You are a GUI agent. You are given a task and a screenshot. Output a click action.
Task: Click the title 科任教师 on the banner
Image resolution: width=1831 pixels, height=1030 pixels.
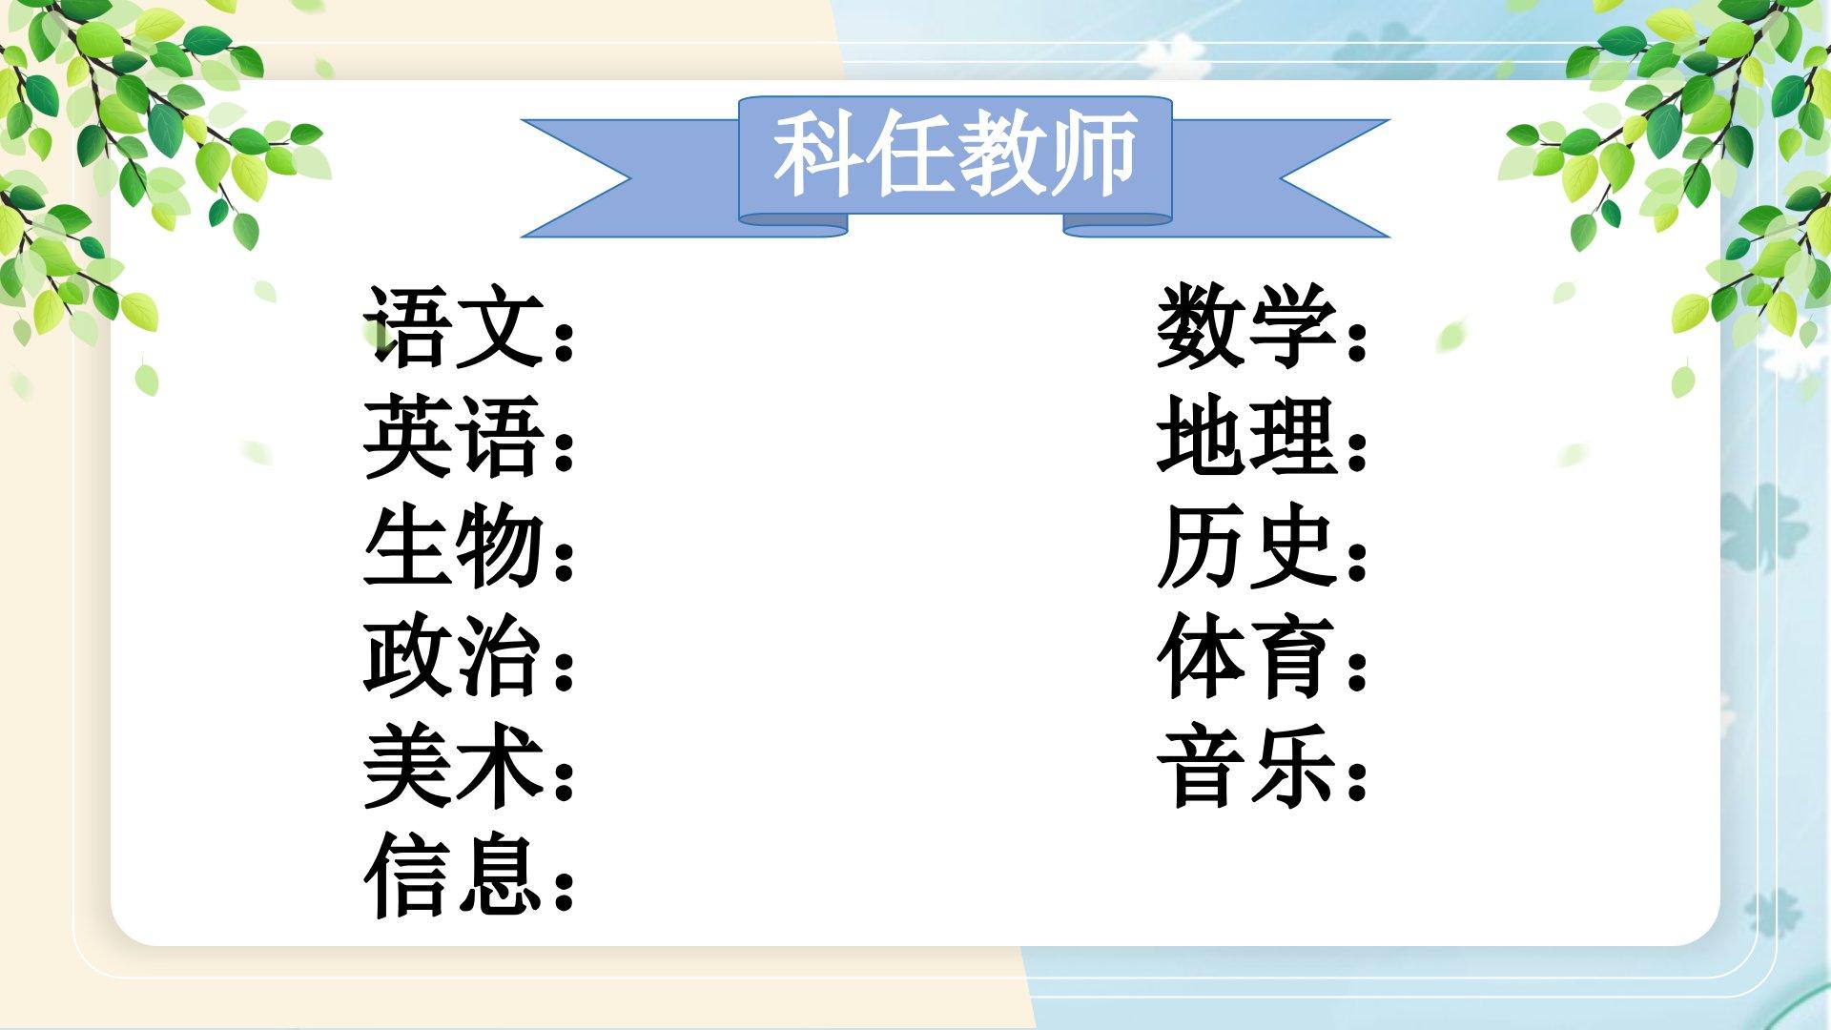click(955, 155)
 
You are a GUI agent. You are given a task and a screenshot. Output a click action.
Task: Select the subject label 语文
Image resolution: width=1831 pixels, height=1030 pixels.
click(454, 325)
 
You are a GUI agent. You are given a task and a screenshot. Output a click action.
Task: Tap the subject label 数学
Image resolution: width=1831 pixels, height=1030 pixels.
click(1246, 325)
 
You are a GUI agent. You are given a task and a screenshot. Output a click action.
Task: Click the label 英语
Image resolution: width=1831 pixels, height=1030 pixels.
click(454, 436)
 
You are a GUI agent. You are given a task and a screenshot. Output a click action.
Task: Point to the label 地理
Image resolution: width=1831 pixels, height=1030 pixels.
click(1246, 436)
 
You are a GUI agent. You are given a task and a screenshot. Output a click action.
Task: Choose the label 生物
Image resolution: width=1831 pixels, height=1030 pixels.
click(454, 546)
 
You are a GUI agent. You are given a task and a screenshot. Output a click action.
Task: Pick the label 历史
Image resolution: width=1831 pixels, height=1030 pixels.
click(1246, 546)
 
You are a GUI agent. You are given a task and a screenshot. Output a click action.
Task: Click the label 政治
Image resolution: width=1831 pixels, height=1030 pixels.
click(454, 655)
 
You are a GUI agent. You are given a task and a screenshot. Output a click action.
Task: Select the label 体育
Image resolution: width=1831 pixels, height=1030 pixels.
click(1246, 655)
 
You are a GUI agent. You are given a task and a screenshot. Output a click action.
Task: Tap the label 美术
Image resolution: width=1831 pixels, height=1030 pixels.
click(454, 766)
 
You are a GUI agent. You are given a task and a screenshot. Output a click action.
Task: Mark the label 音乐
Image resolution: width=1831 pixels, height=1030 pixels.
click(1246, 766)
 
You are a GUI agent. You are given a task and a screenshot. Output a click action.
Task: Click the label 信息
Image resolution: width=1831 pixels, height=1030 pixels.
click(454, 875)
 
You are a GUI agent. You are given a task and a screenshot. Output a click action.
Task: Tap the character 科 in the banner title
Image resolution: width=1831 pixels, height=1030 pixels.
click(818, 155)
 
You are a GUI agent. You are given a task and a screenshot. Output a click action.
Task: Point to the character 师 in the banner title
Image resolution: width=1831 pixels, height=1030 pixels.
click(1093, 155)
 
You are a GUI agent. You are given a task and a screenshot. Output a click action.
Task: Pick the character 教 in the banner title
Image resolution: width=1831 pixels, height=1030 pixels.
click(1001, 155)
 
